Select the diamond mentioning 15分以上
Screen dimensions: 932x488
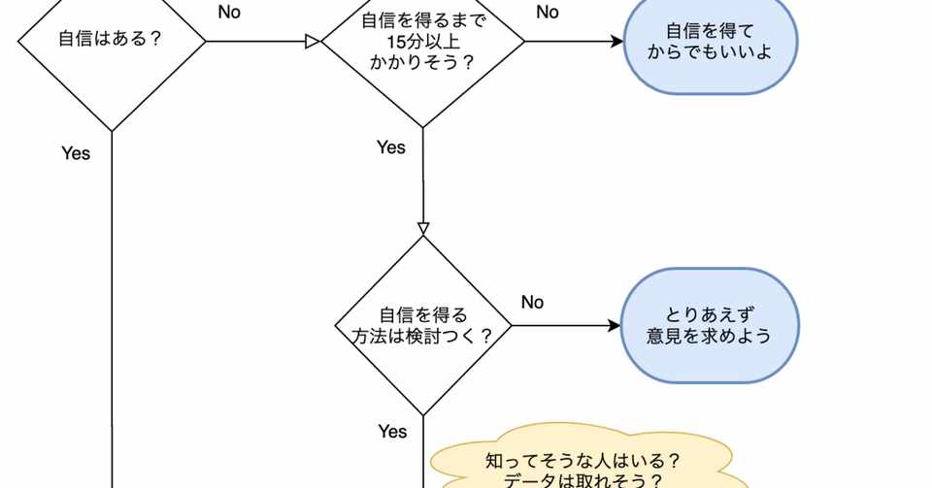click(422, 42)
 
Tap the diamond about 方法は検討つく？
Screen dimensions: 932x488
click(422, 325)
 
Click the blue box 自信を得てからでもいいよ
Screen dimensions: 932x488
click(711, 42)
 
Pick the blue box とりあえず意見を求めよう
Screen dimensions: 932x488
click(710, 325)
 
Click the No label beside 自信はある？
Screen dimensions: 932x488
click(229, 12)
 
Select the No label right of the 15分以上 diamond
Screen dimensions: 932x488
click(548, 12)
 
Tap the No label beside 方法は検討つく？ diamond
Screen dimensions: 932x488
click(533, 302)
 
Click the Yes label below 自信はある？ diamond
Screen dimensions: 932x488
click(76, 153)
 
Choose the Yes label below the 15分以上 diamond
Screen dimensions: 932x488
click(391, 147)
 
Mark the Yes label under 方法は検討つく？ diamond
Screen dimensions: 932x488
click(393, 432)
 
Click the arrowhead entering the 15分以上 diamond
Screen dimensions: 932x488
click(314, 42)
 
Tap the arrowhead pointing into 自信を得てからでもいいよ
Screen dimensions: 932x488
click(616, 42)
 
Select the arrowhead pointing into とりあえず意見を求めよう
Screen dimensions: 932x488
click(614, 325)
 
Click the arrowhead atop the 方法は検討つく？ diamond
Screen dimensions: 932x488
click(423, 229)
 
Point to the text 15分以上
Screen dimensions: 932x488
click(423, 42)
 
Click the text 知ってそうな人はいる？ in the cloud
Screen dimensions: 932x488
click(582, 461)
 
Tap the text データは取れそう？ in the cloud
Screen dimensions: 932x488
click(582, 479)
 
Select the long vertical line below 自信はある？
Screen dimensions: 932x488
click(112, 309)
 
